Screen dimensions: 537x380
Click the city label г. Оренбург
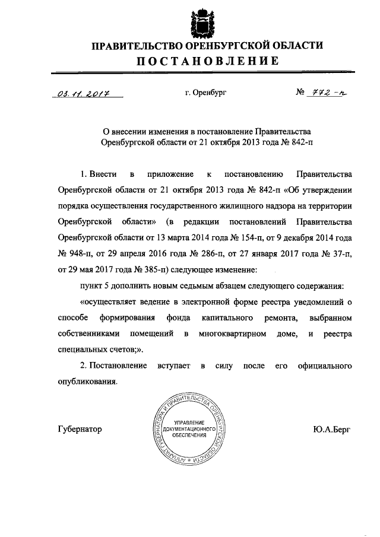[x=205, y=93]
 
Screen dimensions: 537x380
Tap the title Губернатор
[x=80, y=429]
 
